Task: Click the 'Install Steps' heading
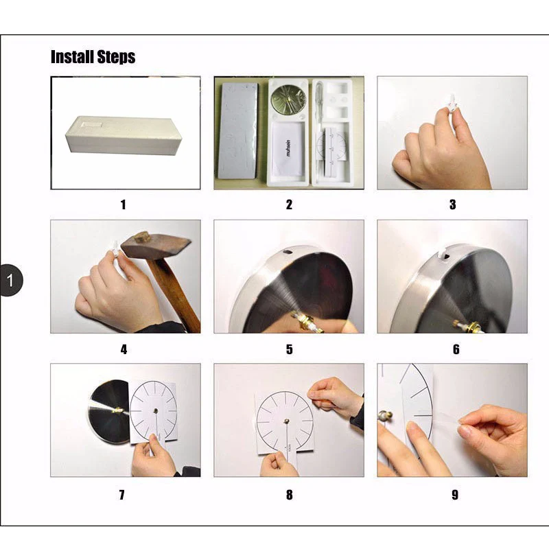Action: tap(93, 57)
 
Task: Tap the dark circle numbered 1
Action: tap(10, 281)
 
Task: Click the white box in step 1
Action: tap(124, 135)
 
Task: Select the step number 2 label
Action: tap(289, 205)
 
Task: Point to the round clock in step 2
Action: tap(288, 100)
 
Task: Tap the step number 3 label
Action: tap(452, 205)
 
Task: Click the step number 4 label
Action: tap(124, 349)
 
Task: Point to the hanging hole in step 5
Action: tap(289, 251)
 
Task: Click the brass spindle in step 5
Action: tap(307, 321)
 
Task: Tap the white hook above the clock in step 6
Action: tap(442, 253)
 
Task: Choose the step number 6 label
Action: tap(456, 349)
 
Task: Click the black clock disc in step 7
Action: tap(108, 412)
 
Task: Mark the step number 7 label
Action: tap(121, 495)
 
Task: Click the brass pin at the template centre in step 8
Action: tap(287, 421)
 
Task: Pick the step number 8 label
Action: tap(289, 495)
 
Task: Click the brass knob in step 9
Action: tap(385, 416)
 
